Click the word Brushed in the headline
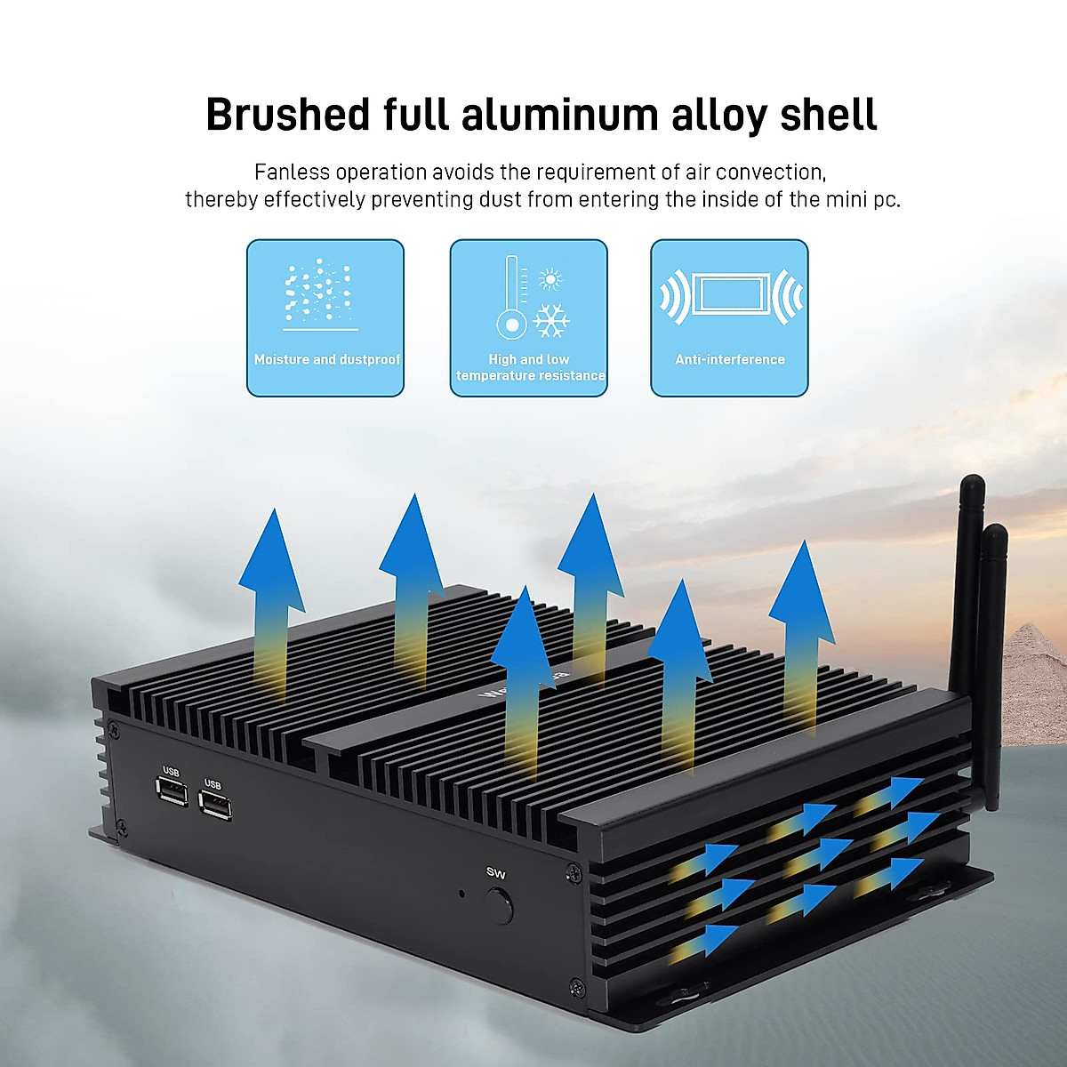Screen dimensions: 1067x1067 point(287,116)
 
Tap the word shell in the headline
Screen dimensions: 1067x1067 point(829,116)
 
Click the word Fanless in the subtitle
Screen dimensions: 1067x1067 point(292,172)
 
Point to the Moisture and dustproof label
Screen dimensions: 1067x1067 point(326,359)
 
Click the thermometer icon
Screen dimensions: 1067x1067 point(511,298)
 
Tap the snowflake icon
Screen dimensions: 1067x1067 point(551,320)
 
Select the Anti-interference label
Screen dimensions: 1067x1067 point(729,359)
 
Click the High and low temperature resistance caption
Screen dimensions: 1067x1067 point(530,367)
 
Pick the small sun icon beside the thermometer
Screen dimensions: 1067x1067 point(551,279)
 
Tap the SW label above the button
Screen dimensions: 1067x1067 point(496,873)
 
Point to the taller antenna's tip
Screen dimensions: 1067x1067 point(973,485)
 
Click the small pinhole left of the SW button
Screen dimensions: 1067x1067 point(461,893)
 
